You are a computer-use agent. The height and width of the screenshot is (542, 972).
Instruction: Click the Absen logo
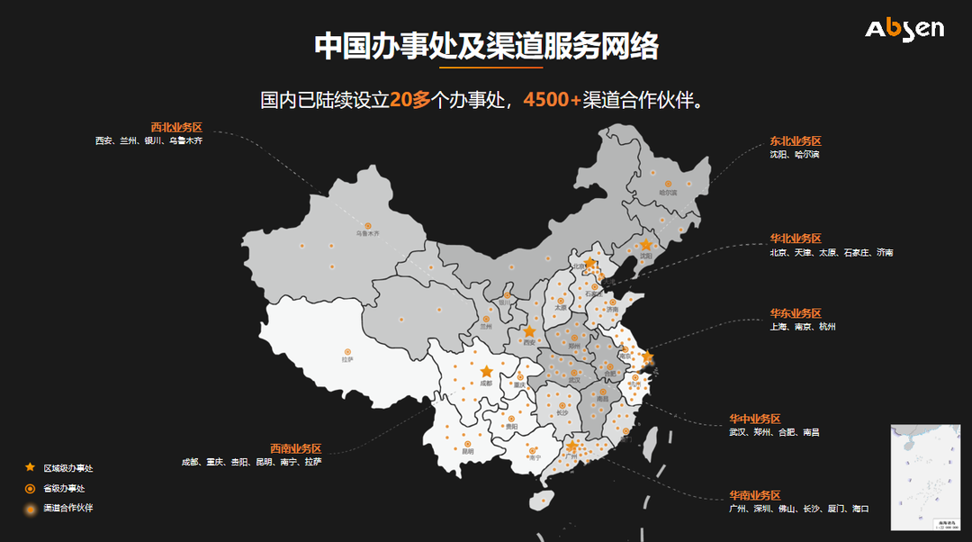[904, 29]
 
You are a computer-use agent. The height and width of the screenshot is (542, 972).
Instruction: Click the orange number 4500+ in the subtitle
[552, 99]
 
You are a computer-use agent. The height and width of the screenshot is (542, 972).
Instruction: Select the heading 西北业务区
[176, 127]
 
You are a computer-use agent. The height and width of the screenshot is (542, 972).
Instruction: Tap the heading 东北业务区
[795, 141]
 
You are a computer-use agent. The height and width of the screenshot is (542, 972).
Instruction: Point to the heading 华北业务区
[795, 239]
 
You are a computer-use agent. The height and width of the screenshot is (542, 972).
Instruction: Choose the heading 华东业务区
[795, 313]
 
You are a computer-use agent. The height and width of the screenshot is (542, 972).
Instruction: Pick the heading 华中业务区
[754, 419]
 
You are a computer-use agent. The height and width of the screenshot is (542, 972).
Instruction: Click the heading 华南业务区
[754, 495]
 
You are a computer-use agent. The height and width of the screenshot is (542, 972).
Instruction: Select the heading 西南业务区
[295, 448]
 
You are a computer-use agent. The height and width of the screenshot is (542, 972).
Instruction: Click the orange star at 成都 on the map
[487, 371]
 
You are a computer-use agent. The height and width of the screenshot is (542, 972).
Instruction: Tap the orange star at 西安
[529, 331]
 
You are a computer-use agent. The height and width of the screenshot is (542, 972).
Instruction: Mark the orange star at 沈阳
[645, 244]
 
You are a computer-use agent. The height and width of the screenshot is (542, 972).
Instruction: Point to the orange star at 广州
[571, 446]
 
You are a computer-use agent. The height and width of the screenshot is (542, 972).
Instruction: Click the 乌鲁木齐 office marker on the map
[367, 225]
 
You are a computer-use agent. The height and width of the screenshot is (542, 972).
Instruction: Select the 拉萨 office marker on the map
[347, 351]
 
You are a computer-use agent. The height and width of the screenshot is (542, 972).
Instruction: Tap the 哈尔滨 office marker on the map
[667, 182]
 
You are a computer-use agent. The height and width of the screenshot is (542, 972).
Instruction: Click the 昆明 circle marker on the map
[467, 444]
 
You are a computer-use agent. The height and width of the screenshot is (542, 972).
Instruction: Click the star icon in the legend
[30, 467]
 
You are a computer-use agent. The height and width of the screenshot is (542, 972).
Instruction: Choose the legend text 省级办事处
[64, 488]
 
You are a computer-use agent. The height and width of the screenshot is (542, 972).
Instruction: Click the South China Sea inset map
[924, 477]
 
